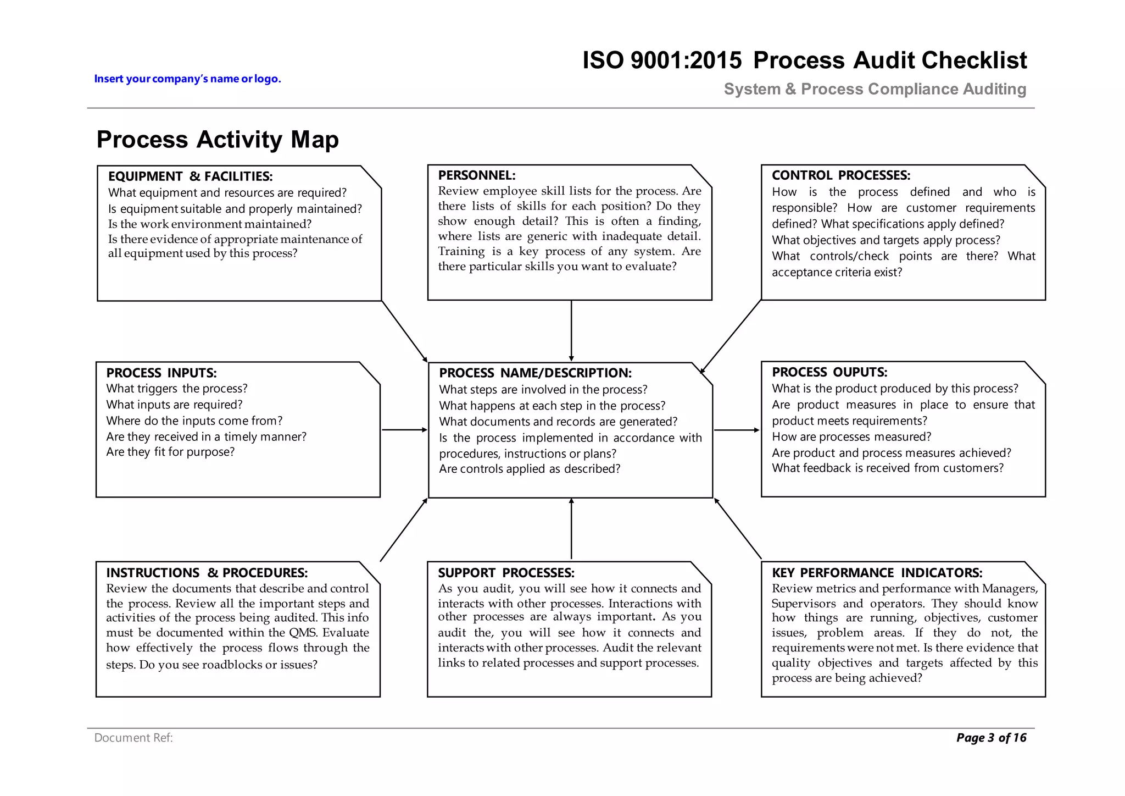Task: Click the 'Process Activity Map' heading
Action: [x=218, y=140]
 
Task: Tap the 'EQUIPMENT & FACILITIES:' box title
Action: [x=190, y=176]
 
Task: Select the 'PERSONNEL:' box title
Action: [x=476, y=175]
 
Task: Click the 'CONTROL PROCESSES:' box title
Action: [x=840, y=175]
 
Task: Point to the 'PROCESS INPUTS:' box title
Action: [x=161, y=373]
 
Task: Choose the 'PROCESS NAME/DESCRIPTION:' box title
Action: [x=535, y=373]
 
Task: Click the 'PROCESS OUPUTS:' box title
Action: [x=829, y=372]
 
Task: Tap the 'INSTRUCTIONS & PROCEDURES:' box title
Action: [x=207, y=573]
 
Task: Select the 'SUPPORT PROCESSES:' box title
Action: [x=505, y=573]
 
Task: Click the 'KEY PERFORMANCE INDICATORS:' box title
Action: [x=877, y=573]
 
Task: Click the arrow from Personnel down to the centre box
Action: [x=571, y=330]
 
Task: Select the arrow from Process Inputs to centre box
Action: [x=404, y=430]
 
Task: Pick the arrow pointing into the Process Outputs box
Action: [x=737, y=430]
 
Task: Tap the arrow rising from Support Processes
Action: [x=571, y=529]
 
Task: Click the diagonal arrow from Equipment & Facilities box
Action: [x=404, y=331]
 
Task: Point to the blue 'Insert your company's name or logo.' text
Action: [x=187, y=79]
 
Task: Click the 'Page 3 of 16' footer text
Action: [x=991, y=738]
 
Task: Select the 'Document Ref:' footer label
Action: [x=133, y=738]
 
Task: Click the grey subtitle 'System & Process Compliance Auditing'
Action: [x=875, y=89]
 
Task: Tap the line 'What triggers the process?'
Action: [x=176, y=389]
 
